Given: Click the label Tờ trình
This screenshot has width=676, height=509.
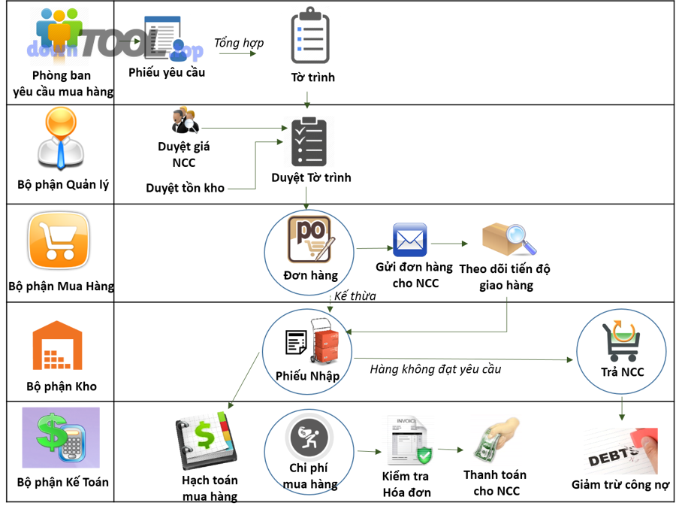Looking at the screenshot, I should (312, 77).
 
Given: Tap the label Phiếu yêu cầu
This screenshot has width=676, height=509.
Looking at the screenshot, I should (163, 72).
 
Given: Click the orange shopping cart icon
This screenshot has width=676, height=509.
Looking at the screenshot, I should (59, 240).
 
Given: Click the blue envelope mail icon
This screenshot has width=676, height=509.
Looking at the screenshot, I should (410, 241).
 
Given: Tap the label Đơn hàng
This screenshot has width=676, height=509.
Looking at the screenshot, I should (310, 275).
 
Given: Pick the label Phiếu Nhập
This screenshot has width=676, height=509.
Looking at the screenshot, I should (307, 376).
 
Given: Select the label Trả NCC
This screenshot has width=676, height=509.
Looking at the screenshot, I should (622, 372).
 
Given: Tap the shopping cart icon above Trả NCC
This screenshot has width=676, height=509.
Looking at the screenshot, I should (621, 341).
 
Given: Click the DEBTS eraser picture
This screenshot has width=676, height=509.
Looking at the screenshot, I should (620, 451).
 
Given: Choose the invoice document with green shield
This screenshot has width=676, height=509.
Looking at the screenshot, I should (408, 441).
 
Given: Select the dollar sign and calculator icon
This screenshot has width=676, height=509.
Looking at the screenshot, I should (61, 437).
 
